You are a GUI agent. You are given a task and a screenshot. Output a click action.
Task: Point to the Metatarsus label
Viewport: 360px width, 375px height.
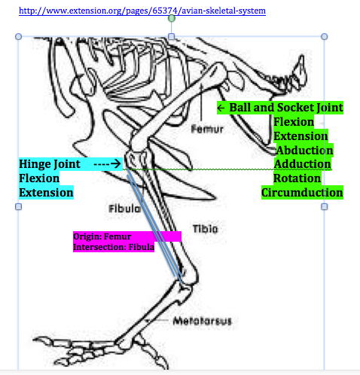click(x=202, y=322)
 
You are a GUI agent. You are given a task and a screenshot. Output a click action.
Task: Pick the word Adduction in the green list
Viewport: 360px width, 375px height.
click(x=302, y=164)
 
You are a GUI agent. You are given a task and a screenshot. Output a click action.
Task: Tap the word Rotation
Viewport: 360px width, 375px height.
click(x=297, y=178)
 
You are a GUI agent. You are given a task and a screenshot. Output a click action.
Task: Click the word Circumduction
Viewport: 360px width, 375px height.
click(x=302, y=193)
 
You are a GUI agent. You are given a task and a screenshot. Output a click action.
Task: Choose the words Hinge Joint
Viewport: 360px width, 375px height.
click(x=50, y=163)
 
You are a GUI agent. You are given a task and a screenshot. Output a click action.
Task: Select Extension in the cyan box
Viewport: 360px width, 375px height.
click(x=46, y=193)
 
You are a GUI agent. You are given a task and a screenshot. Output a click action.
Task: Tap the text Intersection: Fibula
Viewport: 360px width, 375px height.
click(x=114, y=246)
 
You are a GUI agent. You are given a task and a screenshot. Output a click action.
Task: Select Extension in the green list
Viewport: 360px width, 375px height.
click(x=301, y=136)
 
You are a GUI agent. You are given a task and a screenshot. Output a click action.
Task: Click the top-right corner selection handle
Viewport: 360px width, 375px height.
click(x=325, y=36)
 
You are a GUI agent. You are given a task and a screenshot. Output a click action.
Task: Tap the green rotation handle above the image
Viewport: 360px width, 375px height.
click(x=172, y=17)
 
